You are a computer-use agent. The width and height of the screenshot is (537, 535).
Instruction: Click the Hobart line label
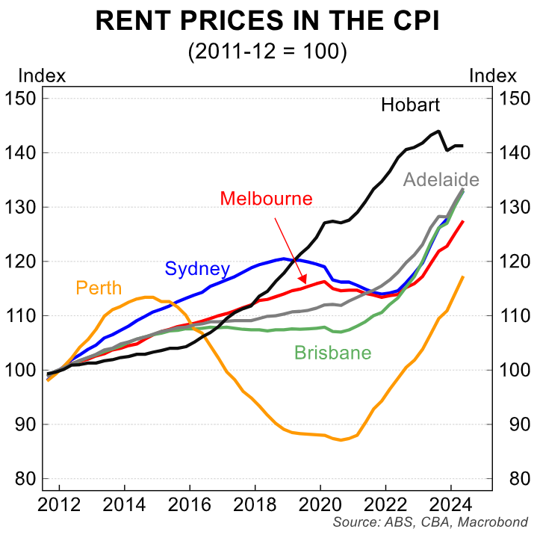410,105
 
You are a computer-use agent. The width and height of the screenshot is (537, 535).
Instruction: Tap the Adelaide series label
441,179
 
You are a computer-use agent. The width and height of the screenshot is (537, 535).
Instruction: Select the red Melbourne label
266,199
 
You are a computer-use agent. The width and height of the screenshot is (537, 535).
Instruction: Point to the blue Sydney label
197,269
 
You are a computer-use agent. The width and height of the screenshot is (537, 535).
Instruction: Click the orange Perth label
99,288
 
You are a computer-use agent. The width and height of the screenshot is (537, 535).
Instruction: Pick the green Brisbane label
332,353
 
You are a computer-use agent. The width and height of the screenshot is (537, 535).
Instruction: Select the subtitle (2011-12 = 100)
267,52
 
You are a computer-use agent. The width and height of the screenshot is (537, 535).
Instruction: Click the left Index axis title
41,75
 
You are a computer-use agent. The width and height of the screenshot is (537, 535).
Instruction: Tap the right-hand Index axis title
493,75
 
